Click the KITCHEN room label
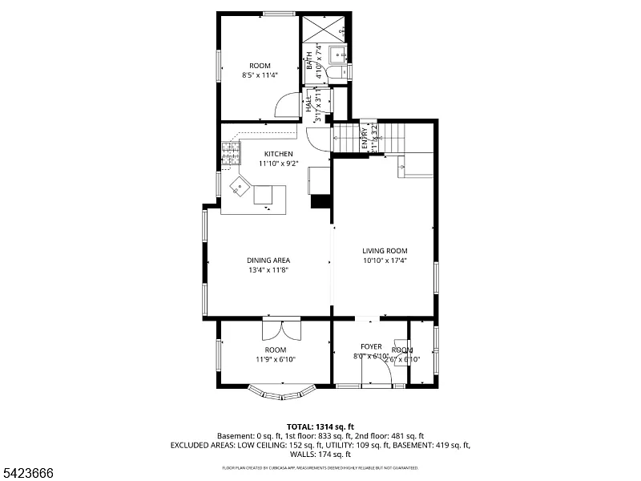pos(276,154)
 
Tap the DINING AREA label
pos(268,260)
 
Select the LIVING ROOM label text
pos(385,250)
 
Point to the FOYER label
pos(371,346)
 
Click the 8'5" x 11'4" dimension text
pos(260,75)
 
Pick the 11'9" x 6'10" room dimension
pos(276,360)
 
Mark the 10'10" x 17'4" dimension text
pos(385,260)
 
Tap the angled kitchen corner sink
pos(240,188)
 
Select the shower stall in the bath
pos(324,30)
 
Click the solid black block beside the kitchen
pos(321,201)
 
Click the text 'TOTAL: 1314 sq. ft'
pos(320,426)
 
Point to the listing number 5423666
pos(28,473)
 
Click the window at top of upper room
pos(279,14)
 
